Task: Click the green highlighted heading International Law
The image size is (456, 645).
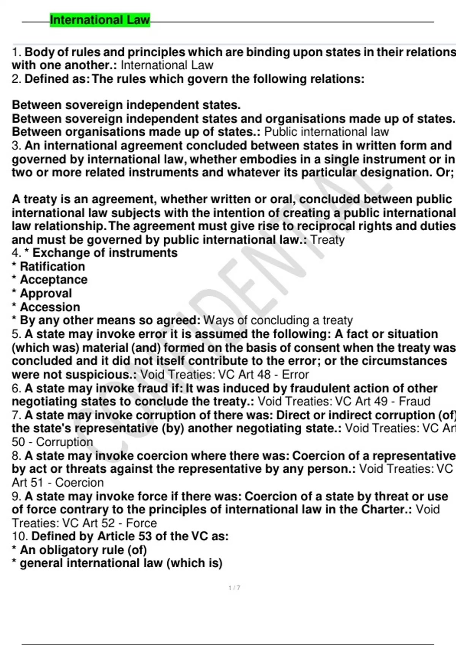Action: point(100,20)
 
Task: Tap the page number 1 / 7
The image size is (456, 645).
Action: point(234,588)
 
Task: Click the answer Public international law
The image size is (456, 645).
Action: point(326,132)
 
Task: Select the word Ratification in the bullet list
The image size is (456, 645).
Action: point(52,266)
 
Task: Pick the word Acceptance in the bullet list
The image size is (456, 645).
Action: point(54,280)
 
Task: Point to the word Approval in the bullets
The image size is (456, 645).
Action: point(46,293)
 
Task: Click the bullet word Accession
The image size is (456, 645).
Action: point(50,307)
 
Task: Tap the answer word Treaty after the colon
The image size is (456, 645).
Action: point(328,239)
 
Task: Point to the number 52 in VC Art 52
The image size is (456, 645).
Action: point(108,523)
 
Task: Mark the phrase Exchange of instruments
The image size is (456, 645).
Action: point(105,253)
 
